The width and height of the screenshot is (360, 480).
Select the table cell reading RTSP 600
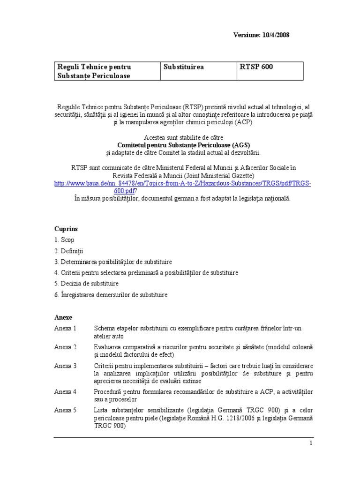coord(256,67)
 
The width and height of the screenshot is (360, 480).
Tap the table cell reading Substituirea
coord(184,67)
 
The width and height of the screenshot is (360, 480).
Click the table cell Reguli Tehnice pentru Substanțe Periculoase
coord(94,71)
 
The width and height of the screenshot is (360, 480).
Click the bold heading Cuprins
coord(66,229)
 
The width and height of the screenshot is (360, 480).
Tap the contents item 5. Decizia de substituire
coord(86,284)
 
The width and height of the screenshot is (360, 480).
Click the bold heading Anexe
coord(63,317)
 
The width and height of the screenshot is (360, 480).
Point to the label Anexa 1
coord(65,328)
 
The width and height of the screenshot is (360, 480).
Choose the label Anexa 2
coord(65,347)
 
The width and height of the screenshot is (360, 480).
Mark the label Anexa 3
coord(65,366)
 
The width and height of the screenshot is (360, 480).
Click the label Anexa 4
coord(65,391)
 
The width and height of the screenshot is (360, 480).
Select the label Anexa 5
coord(65,410)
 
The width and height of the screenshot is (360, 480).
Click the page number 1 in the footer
coord(310,443)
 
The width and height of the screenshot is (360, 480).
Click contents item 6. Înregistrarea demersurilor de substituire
coord(111,295)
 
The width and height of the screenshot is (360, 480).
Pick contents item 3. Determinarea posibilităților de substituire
coord(113,262)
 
